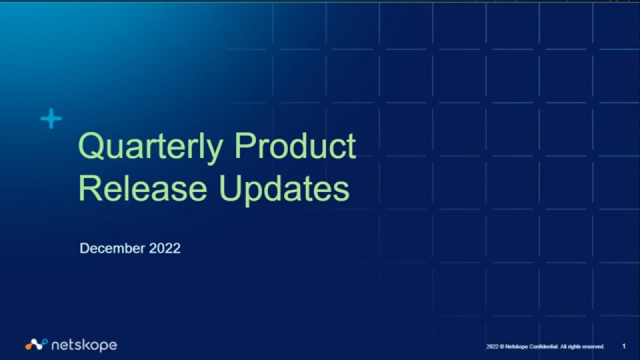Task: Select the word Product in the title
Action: (x=295, y=145)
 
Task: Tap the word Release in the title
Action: (x=143, y=188)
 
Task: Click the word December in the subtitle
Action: (x=112, y=248)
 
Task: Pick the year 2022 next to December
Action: (x=165, y=248)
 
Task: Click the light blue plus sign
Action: (x=51, y=119)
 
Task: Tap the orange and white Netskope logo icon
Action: (x=36, y=345)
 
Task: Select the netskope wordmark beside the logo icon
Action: (x=85, y=345)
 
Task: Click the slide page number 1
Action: (x=624, y=347)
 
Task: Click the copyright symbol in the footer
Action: (x=501, y=347)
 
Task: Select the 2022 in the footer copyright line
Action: (x=492, y=347)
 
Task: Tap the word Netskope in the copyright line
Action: (x=516, y=347)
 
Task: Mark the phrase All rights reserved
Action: (x=582, y=347)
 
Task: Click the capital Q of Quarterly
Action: (x=90, y=146)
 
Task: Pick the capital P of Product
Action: (x=244, y=145)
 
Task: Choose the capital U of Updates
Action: (x=229, y=188)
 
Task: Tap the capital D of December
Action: (x=84, y=248)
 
